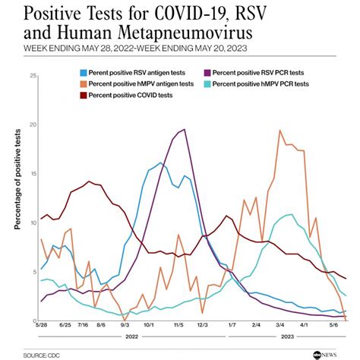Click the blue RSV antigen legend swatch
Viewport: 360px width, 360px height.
coord(84,73)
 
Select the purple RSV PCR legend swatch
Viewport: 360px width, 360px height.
coord(207,73)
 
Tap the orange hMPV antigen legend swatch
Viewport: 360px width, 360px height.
coord(84,84)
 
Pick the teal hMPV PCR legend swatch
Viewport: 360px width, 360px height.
coord(207,84)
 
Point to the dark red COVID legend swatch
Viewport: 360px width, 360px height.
coord(84,96)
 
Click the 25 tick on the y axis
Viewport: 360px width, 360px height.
coord(33,75)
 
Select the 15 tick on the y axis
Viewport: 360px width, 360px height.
coord(33,174)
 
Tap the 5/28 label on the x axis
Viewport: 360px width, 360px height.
coord(42,325)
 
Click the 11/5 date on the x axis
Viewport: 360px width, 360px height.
coord(178,325)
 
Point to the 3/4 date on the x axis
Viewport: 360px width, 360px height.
coord(279,325)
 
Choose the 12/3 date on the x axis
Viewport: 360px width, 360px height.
coord(203,325)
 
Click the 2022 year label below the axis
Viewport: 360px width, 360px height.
coord(132,336)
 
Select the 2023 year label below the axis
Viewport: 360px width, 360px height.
coord(287,336)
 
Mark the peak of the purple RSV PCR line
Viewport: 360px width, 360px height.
coord(185,129)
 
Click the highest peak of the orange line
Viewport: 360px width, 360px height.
coord(279,131)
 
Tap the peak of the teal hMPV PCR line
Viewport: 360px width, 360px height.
coord(292,214)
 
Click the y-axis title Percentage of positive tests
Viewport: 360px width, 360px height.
coord(17,179)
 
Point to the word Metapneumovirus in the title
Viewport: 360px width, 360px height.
coord(185,33)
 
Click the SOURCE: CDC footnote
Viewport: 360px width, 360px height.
coord(42,355)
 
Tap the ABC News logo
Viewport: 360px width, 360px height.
coord(325,355)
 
